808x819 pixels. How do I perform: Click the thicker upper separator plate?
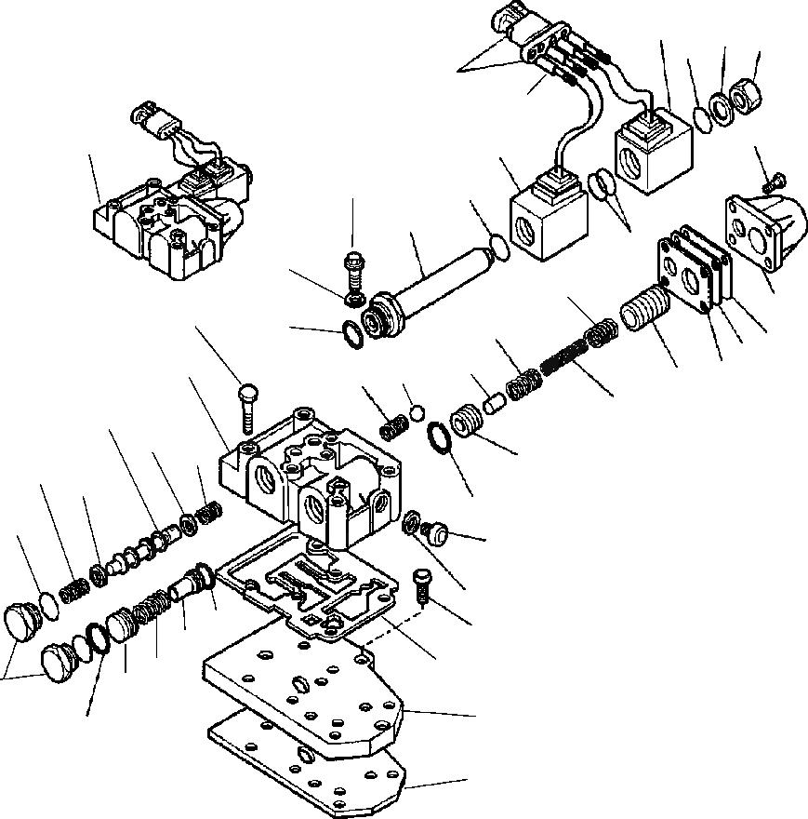[x=307, y=689]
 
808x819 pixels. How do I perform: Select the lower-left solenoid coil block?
[x=549, y=215]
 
